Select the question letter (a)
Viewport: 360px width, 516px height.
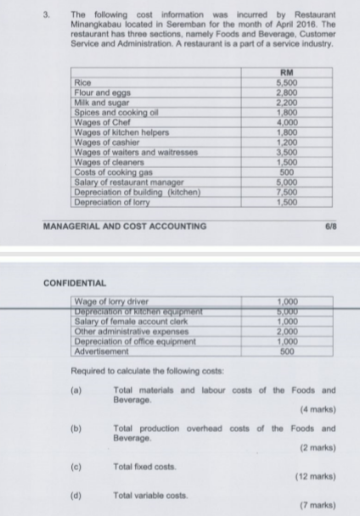76,390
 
